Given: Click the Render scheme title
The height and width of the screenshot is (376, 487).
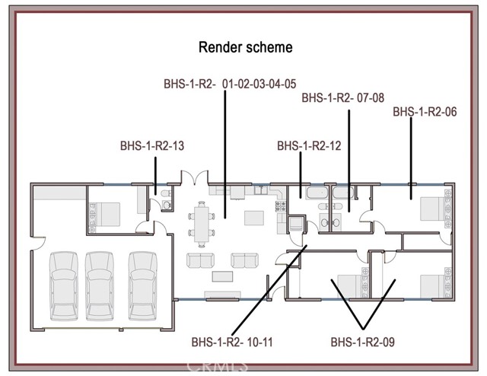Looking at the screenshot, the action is [x=245, y=47].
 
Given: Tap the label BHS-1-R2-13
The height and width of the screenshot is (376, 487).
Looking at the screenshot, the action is [x=152, y=145].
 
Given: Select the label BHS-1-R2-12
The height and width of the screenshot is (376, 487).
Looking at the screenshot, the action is [x=309, y=145].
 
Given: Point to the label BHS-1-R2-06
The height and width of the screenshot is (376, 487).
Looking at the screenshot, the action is [x=425, y=112].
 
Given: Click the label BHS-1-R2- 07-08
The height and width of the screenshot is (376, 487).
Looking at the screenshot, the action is [x=343, y=98].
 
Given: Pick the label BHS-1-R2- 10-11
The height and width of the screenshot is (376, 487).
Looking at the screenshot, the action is [x=232, y=342].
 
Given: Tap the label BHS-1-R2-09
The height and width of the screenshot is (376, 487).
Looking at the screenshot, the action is [x=362, y=342].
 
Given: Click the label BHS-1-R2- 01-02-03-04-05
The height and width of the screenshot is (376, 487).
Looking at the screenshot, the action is [x=230, y=84].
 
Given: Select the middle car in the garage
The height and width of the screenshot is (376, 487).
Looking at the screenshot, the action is [x=100, y=286].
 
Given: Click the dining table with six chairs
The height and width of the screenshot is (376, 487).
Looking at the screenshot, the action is [x=202, y=225].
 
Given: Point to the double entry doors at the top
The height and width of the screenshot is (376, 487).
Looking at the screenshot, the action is [x=195, y=178].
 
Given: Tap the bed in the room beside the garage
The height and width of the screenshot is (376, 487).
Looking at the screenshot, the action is [x=105, y=215].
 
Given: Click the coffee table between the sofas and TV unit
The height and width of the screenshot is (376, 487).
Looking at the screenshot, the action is [x=222, y=276].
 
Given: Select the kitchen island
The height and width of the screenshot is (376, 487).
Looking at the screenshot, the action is [x=254, y=218].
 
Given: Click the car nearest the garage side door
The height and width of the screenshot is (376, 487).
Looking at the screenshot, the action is [x=64, y=286].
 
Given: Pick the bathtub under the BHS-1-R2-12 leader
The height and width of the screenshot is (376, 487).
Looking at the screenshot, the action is [x=317, y=193].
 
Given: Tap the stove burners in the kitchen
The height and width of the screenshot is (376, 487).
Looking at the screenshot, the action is [x=281, y=206].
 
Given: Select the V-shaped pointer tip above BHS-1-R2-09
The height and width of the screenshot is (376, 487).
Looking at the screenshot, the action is [x=363, y=329].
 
